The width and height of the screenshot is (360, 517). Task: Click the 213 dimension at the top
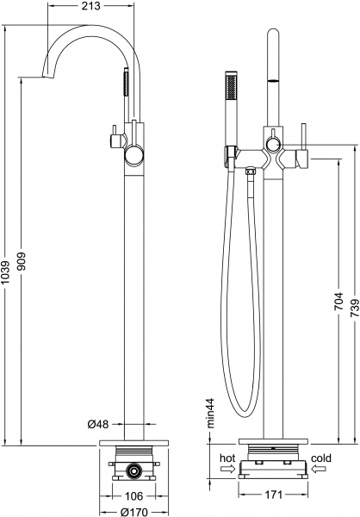[90, 6]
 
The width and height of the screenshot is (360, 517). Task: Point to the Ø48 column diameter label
[97, 424]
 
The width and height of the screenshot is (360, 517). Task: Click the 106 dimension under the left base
[134, 495]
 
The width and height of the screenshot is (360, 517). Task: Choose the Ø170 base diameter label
[133, 512]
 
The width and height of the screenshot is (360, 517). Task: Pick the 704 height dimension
[339, 301]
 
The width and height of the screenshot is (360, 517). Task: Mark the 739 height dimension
[355, 308]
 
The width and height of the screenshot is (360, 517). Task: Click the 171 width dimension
[273, 495]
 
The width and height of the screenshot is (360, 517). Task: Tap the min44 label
[210, 413]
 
